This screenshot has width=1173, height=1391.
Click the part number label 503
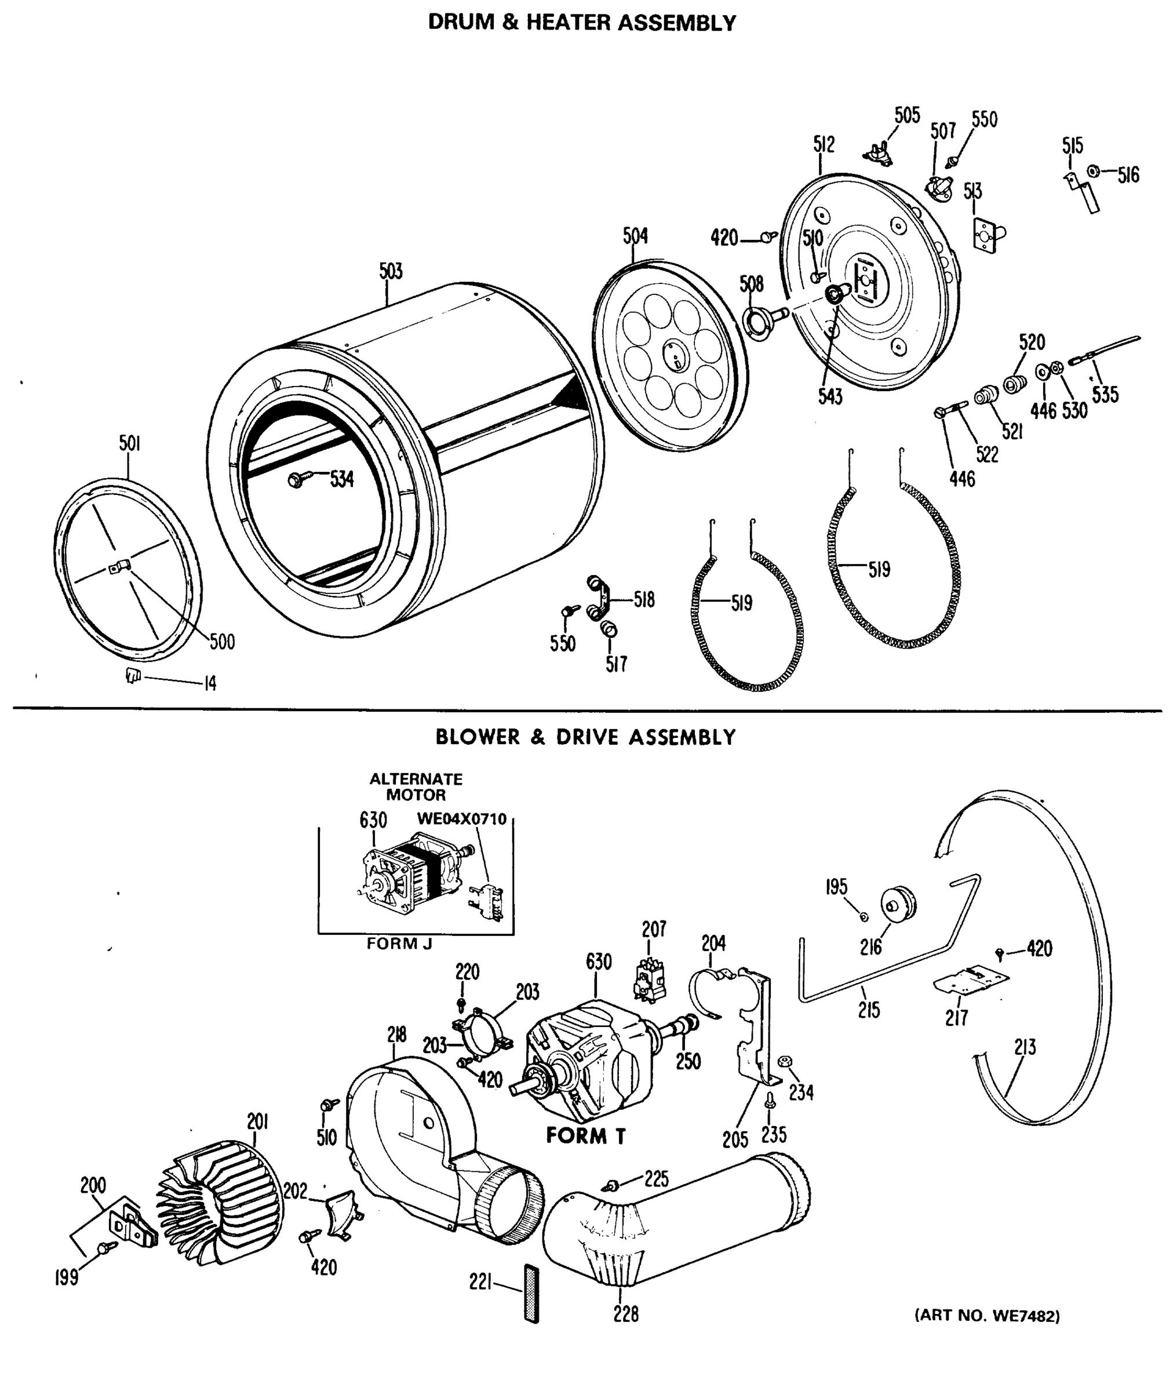[391, 271]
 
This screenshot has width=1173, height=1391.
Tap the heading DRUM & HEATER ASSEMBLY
[582, 23]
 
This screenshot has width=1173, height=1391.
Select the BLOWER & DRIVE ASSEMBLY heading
[585, 737]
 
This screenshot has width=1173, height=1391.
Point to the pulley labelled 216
[898, 904]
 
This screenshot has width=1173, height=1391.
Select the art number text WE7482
[987, 1315]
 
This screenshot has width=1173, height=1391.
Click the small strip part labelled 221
[531, 1294]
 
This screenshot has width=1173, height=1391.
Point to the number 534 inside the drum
[342, 479]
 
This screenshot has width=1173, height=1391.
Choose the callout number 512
[823, 144]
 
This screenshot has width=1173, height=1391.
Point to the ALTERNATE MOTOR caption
[416, 786]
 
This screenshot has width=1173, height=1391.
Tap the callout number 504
[635, 235]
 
